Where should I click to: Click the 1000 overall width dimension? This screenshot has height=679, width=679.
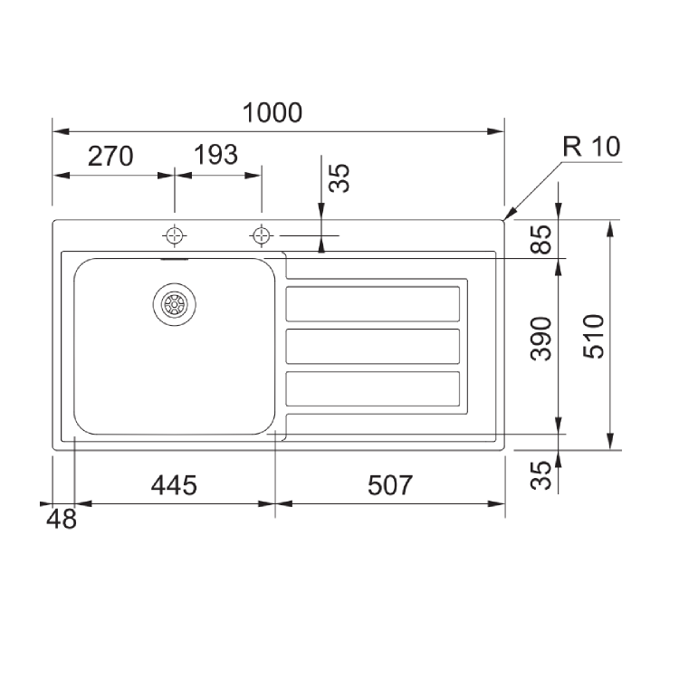(273, 113)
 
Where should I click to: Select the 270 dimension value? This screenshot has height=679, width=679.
(110, 156)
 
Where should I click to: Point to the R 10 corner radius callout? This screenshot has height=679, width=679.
(591, 148)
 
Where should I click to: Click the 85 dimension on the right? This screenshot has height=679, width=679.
(540, 240)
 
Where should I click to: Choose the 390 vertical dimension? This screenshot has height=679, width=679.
(540, 339)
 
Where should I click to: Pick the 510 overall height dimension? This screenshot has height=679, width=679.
(593, 336)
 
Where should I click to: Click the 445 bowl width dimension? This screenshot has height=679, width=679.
(173, 486)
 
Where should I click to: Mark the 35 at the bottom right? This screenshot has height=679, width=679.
(540, 475)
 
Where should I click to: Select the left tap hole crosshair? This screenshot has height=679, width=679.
(174, 235)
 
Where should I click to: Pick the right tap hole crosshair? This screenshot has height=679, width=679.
(262, 235)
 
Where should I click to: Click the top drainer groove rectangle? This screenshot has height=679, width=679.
(373, 304)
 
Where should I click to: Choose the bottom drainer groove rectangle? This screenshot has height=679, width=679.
(373, 387)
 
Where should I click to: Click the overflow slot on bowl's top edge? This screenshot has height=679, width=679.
(174, 257)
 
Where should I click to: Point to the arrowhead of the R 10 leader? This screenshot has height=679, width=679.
(507, 216)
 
